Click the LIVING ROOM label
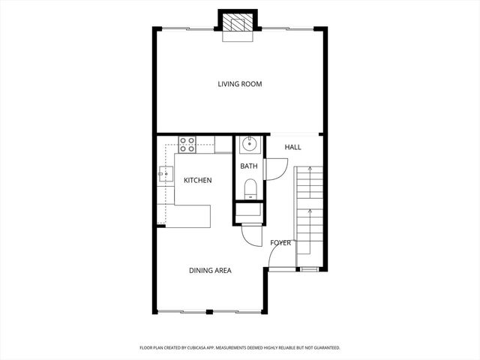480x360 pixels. click(240, 84)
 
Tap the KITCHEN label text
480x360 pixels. click(198, 180)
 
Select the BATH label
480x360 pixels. click(249, 166)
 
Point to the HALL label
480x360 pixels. click(293, 147)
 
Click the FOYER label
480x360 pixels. click(280, 242)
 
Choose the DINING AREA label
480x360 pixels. click(210, 270)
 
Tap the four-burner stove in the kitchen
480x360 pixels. click(187, 144)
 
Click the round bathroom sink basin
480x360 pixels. click(249, 145)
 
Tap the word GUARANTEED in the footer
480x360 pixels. click(323, 348)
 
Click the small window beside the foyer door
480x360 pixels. click(307, 268)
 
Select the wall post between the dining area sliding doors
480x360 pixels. click(210, 311)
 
